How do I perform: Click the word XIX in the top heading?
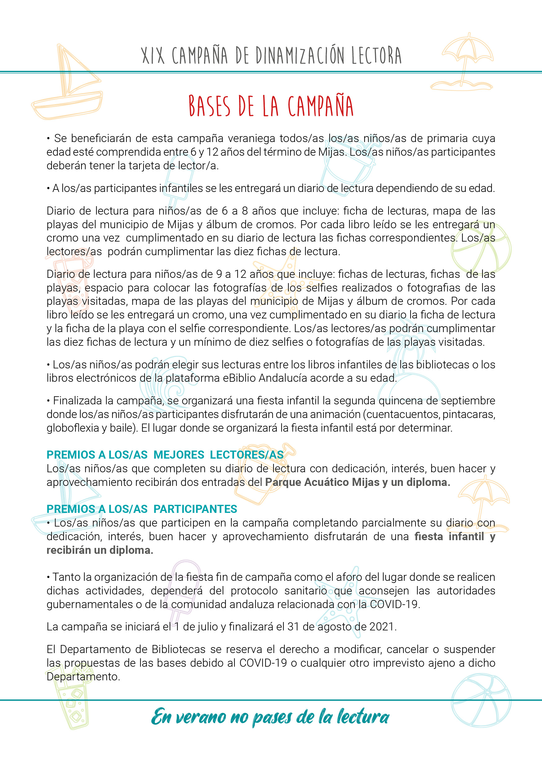click(x=153, y=56)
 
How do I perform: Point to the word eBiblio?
click(x=239, y=378)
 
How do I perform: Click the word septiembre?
click(x=468, y=401)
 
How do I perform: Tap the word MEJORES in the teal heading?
click(x=179, y=455)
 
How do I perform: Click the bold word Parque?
click(x=285, y=482)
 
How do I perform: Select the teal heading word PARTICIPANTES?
click(x=195, y=509)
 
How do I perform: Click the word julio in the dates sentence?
click(x=205, y=627)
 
